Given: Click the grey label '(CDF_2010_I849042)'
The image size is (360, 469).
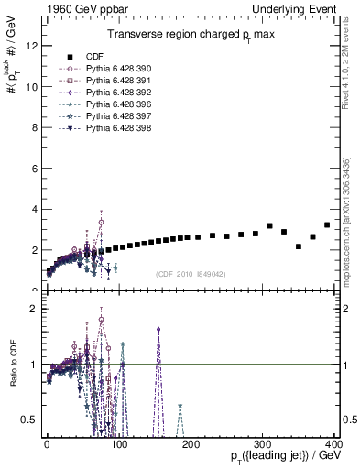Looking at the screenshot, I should [191, 273].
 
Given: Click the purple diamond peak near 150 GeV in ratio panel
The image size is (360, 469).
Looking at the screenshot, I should [158, 329].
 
